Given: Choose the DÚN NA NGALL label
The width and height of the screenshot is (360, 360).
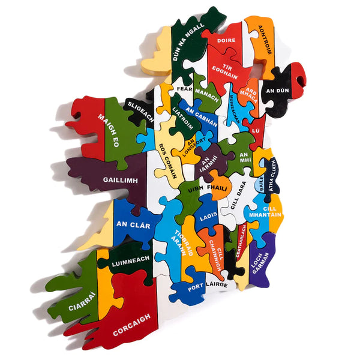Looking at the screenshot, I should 188,43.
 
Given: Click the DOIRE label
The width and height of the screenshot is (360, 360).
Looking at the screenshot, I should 226,41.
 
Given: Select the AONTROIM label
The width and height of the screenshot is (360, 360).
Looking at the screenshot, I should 265,40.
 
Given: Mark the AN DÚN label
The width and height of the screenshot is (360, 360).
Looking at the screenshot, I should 278,90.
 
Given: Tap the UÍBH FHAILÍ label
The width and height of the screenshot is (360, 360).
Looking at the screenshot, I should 208,188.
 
